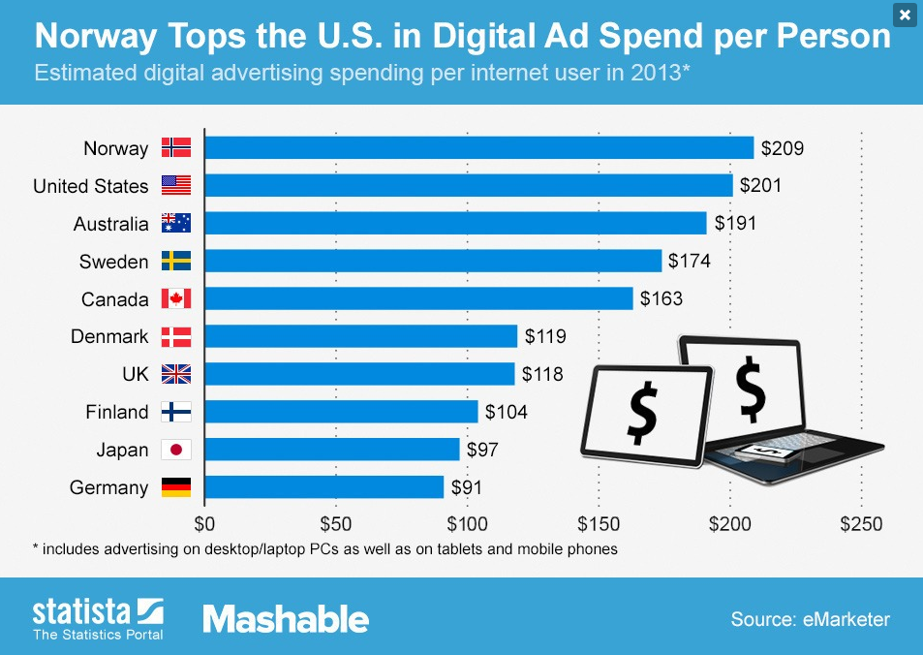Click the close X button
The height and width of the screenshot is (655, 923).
point(904,15)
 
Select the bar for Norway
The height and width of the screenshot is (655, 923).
point(478,148)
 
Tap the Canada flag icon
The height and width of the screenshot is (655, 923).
point(176,299)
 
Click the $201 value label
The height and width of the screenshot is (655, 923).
point(760,186)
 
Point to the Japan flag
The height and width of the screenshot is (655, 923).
point(176,450)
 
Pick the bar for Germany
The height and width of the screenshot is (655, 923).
point(324,487)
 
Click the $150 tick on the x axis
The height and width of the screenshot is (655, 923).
point(599,525)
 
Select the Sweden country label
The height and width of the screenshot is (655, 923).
point(114,262)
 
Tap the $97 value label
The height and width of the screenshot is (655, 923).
point(488,450)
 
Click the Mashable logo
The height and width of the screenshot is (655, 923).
point(286,619)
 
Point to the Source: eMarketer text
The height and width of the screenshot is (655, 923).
point(810,619)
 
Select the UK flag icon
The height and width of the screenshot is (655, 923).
point(176,374)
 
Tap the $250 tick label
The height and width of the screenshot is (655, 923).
point(861,525)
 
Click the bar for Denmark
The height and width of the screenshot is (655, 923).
point(361,337)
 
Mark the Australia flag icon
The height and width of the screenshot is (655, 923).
point(176,224)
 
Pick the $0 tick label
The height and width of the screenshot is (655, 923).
point(204,525)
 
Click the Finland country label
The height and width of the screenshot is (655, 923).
point(117,412)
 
